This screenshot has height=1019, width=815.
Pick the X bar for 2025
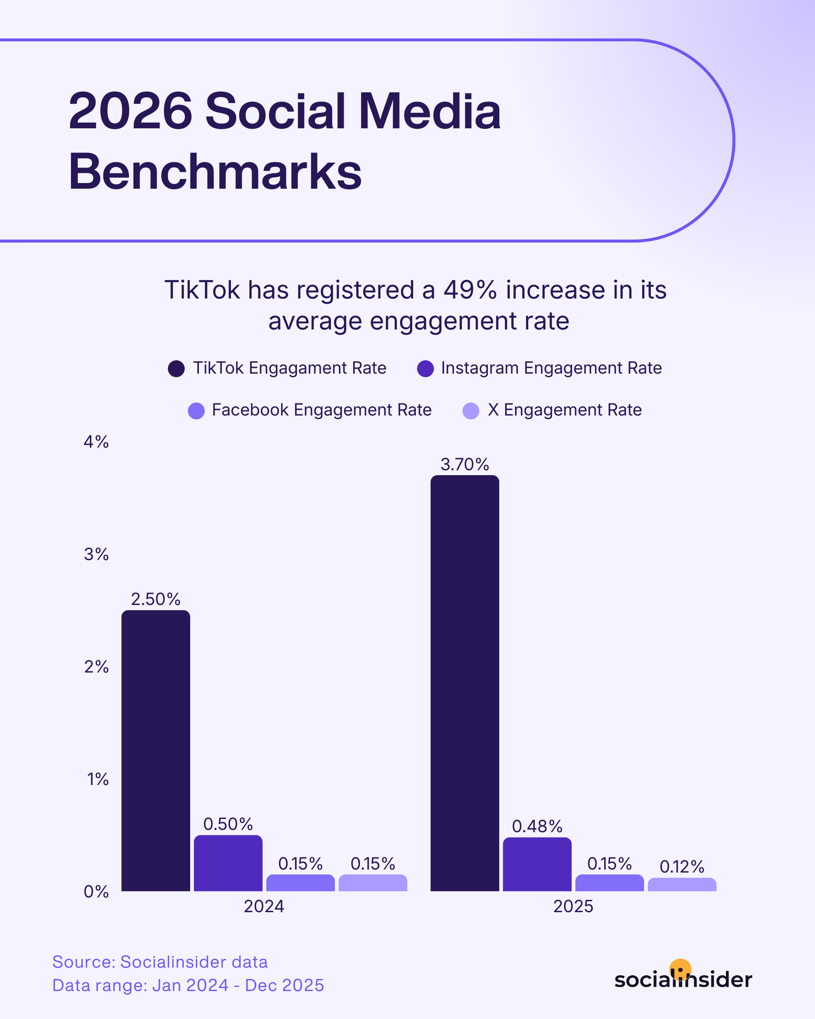pyautogui.click(x=682, y=885)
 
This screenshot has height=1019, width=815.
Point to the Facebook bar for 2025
pyautogui.click(x=609, y=883)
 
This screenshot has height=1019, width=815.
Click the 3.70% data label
pyautogui.click(x=464, y=465)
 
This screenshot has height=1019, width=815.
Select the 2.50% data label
pyautogui.click(x=155, y=599)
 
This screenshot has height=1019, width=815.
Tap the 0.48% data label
pyautogui.click(x=537, y=826)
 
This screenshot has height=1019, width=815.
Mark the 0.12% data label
pyautogui.click(x=682, y=867)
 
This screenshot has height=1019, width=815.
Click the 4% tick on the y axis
pyautogui.click(x=96, y=442)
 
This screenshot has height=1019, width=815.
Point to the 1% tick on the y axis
pyautogui.click(x=97, y=779)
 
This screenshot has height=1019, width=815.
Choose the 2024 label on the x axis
pyautogui.click(x=264, y=907)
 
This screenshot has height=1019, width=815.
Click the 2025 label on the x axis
pyautogui.click(x=573, y=907)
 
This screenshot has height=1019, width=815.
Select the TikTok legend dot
pyautogui.click(x=176, y=369)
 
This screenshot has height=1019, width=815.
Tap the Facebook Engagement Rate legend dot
pyautogui.click(x=196, y=411)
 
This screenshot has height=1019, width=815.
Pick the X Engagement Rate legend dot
pyautogui.click(x=471, y=411)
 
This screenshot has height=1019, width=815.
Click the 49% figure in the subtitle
pyautogui.click(x=470, y=290)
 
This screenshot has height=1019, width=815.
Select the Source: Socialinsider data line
pyautogui.click(x=160, y=962)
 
